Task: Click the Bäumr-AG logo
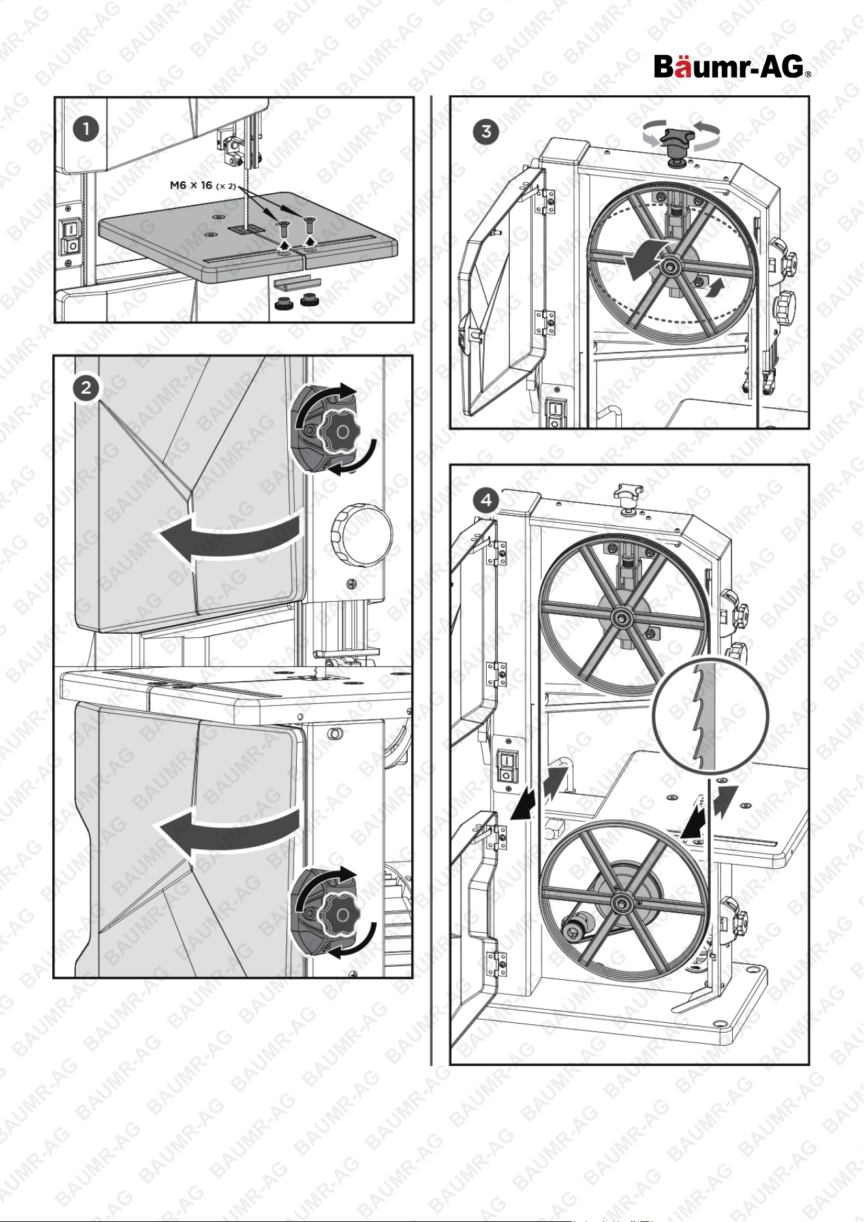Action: click(732, 67)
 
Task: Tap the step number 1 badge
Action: click(85, 129)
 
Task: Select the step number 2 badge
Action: click(85, 388)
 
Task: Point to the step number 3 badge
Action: click(486, 131)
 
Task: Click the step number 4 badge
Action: click(486, 500)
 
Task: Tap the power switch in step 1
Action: click(70, 236)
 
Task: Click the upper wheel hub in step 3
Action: click(669, 267)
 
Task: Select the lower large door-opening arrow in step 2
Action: click(228, 832)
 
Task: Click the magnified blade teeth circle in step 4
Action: click(711, 716)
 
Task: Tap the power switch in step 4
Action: click(506, 765)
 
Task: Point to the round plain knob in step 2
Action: click(362, 535)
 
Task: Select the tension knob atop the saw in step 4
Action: click(628, 496)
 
